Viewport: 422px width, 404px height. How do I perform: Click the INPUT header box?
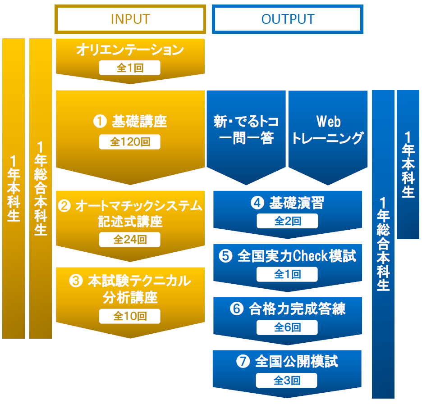(130, 19)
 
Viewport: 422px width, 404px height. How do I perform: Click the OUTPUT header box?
(288, 19)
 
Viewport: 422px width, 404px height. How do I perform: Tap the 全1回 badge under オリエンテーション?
(130, 68)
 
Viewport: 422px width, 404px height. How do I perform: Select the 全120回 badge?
(130, 142)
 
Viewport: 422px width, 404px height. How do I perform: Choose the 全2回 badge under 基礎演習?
(287, 221)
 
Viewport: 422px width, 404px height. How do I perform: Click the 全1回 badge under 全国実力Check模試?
(287, 274)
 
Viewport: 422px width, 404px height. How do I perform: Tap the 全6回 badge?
(287, 327)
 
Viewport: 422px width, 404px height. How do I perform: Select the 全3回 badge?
(287, 381)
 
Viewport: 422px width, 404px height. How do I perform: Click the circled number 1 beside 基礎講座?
(99, 122)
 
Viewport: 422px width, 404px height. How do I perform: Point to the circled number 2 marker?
(64, 206)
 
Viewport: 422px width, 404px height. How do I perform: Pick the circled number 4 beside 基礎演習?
(257, 204)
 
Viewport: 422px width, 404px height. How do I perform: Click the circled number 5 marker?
(225, 256)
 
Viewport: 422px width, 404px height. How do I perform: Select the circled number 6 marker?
(236, 309)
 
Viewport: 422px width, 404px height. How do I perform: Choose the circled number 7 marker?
(243, 362)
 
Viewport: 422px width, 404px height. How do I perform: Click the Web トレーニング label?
(327, 129)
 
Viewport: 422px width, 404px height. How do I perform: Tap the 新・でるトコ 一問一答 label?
(246, 129)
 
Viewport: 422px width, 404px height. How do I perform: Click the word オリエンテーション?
(130, 50)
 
